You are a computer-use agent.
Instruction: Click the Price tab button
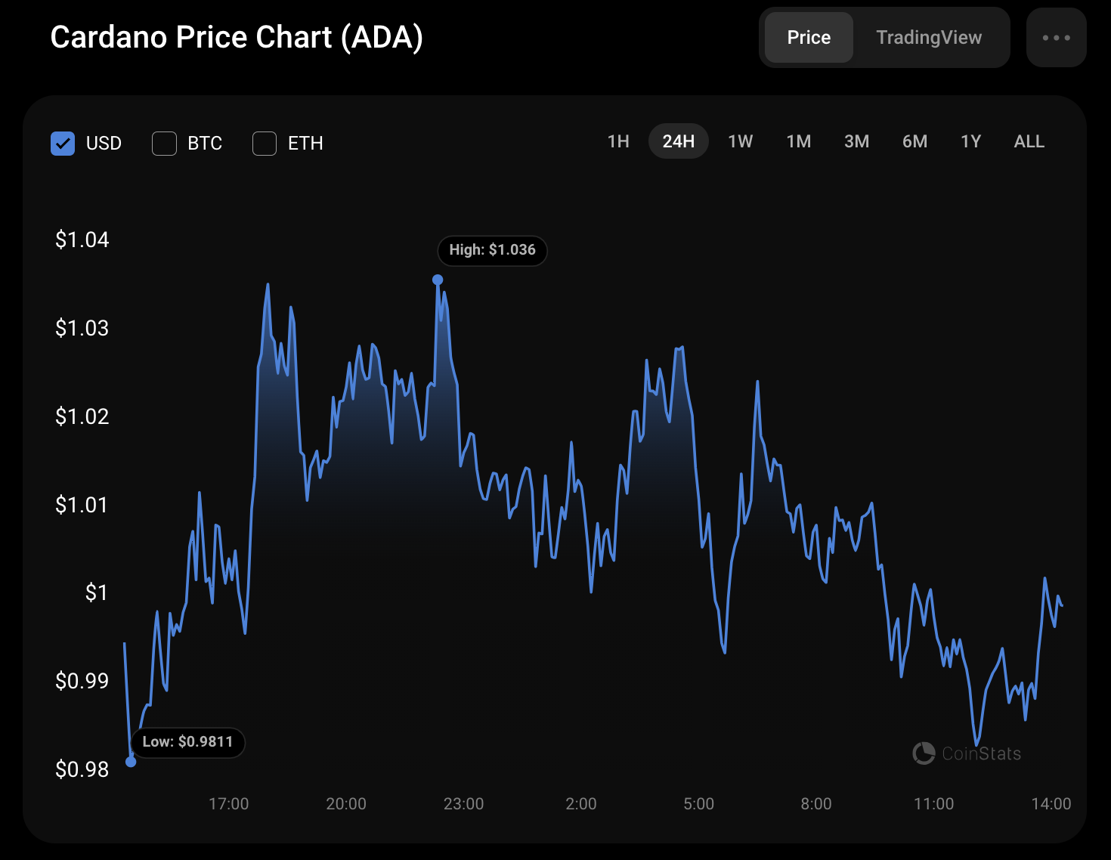[809, 38]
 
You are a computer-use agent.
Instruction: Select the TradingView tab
[929, 38]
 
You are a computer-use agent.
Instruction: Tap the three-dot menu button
[1056, 38]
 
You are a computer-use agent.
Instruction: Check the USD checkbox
[63, 144]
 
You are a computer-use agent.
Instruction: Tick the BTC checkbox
[164, 144]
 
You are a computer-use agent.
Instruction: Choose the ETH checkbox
[265, 144]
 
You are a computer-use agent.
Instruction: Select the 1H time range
[618, 141]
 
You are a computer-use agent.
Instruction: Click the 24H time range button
[678, 141]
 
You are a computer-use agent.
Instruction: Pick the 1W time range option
[740, 141]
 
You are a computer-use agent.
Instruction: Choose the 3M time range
[856, 141]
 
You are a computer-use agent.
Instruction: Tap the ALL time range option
[1029, 141]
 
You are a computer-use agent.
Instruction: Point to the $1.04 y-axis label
[82, 240]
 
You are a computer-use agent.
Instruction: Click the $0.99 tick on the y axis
[82, 682]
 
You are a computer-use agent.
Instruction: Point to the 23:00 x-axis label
[463, 804]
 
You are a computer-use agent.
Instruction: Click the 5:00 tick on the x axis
[698, 804]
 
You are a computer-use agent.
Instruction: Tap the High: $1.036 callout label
[492, 250]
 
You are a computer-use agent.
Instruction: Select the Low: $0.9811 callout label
[187, 742]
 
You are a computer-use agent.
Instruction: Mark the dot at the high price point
[438, 280]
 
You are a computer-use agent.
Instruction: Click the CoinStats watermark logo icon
[924, 753]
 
